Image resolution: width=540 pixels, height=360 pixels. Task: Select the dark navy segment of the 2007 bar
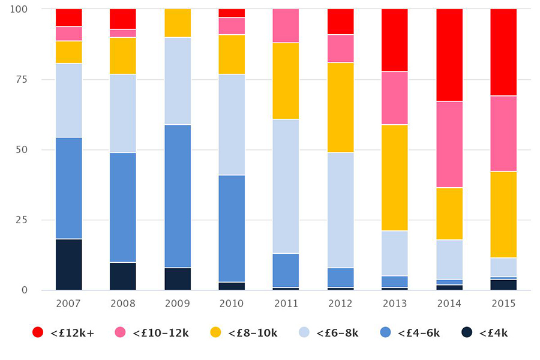pos(68,265)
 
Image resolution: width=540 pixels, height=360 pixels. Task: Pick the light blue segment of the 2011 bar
pos(286,186)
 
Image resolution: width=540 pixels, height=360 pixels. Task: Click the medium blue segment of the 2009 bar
pos(178,196)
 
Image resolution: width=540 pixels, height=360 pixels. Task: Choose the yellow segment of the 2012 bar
pos(340,107)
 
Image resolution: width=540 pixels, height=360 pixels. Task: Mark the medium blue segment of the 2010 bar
pos(232,229)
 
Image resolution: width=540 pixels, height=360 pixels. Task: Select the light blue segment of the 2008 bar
pos(123,113)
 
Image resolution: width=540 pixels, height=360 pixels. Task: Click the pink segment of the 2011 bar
pos(286,26)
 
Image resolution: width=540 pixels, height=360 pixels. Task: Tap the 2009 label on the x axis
pos(178,304)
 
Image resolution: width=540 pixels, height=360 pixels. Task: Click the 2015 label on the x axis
pos(503,304)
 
